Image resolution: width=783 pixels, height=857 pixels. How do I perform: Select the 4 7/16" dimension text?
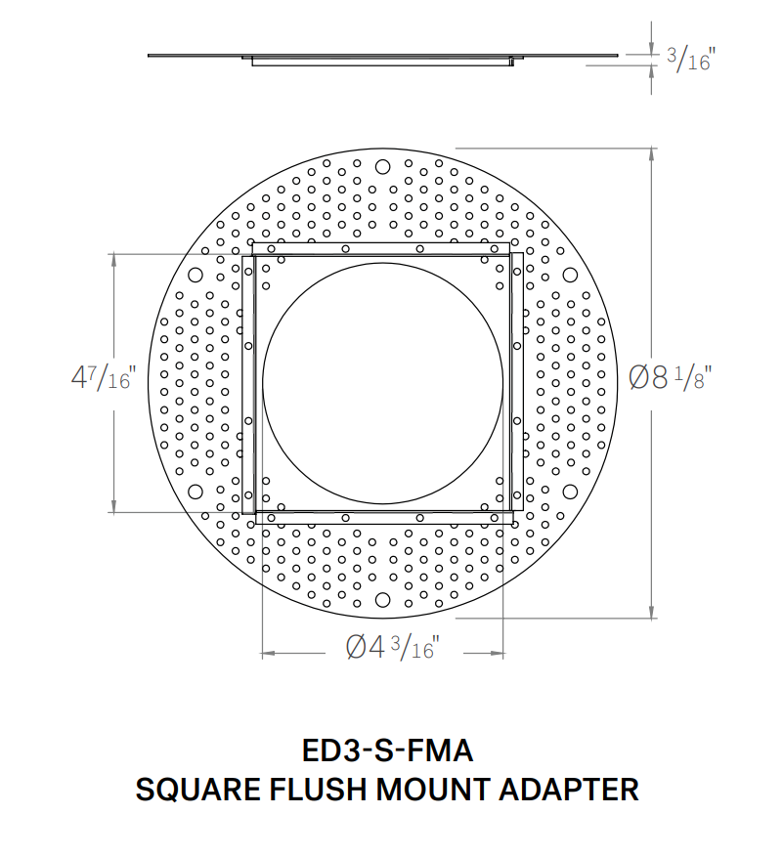(103, 378)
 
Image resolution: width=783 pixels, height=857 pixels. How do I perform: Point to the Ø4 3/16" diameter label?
(391, 647)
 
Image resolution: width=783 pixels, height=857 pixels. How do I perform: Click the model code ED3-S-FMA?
(387, 751)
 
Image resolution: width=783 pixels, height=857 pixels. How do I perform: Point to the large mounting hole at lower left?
(194, 492)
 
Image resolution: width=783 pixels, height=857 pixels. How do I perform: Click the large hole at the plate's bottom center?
(382, 600)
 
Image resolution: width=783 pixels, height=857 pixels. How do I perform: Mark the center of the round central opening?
(382, 382)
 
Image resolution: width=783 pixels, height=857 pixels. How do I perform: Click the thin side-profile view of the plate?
(382, 58)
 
